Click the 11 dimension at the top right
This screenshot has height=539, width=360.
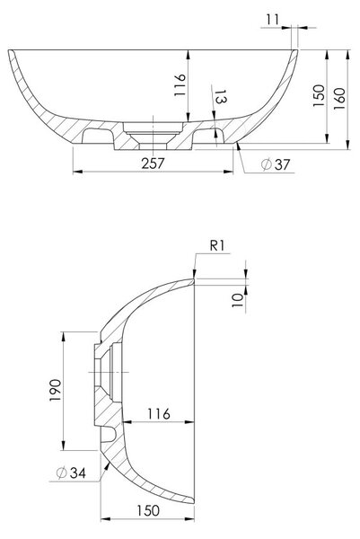tap(273, 19)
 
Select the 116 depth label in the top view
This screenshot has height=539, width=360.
tap(180, 85)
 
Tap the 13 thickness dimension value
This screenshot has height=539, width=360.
tap(221, 97)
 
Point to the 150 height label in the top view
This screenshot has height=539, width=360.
tap(319, 95)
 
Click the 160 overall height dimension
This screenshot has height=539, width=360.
tap(339, 99)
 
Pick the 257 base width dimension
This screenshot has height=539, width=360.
tap(154, 163)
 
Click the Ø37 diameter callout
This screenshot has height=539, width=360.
tap(276, 164)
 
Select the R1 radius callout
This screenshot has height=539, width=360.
tap(217, 246)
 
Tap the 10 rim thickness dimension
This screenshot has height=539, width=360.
tap(237, 300)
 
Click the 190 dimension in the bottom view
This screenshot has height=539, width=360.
tap(56, 390)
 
